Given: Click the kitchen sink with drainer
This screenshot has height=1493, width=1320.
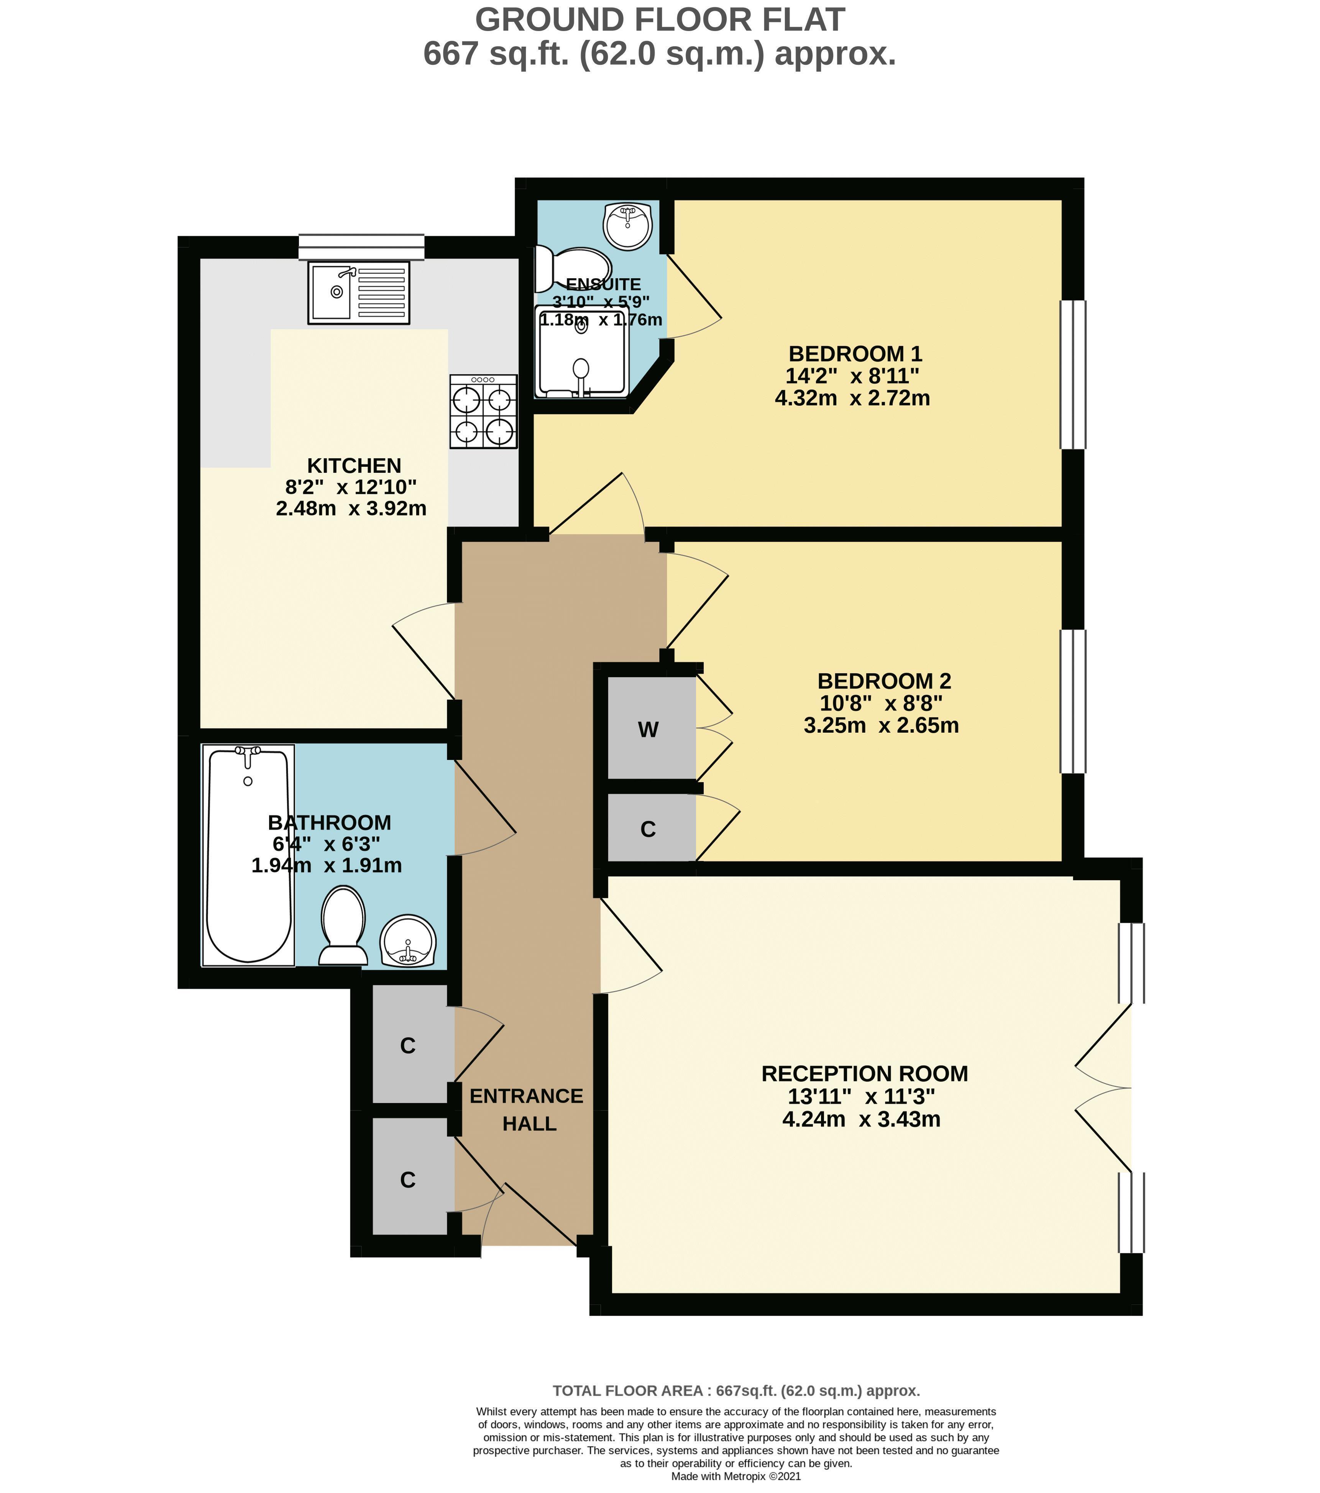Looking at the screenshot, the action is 359,292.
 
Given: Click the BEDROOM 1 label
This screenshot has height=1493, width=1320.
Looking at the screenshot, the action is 855,354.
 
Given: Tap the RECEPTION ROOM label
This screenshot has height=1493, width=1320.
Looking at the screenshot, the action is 864,1074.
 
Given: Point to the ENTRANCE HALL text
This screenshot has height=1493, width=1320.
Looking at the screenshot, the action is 527,1109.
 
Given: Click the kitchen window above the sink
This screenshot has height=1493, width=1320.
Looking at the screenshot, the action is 361,247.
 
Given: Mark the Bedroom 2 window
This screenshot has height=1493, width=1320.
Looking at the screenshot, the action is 1072,701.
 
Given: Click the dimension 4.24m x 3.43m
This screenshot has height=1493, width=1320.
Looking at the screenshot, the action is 861,1119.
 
